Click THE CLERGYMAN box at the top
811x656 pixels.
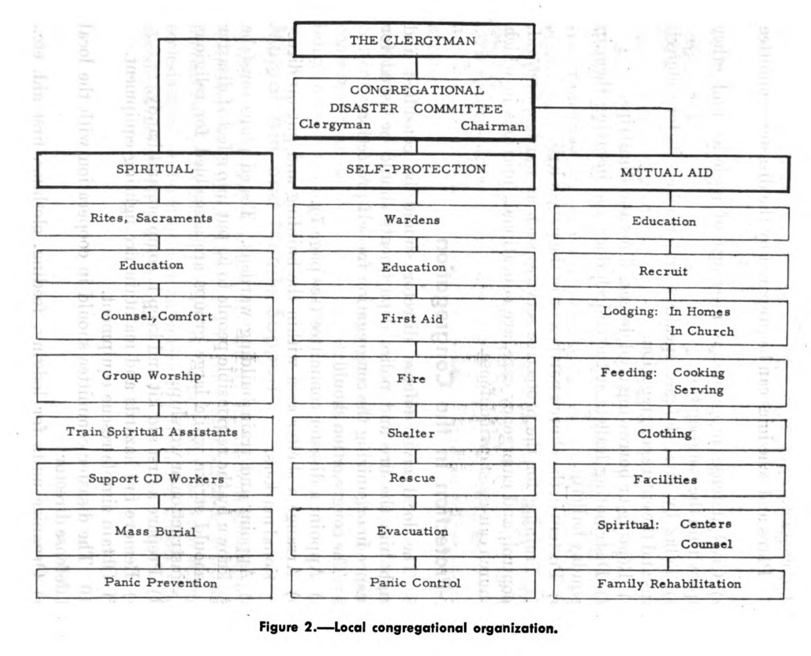[x=414, y=40]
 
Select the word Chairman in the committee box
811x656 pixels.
[x=492, y=126]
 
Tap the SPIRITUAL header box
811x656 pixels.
[x=155, y=169]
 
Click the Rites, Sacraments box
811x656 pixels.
[x=155, y=218]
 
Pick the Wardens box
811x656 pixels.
[x=412, y=220]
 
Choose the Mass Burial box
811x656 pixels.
[x=155, y=532]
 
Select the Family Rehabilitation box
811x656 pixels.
[x=669, y=583]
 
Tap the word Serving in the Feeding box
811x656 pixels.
[x=699, y=390]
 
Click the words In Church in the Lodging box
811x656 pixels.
[x=701, y=331]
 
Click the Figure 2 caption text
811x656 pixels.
[x=409, y=628]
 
